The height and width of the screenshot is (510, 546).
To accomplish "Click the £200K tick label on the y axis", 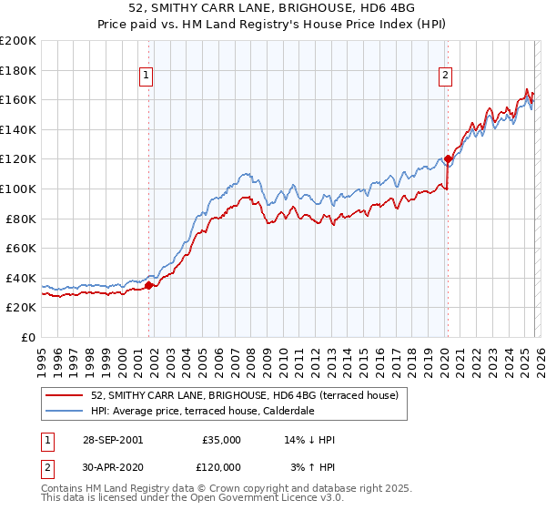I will (x=18, y=41).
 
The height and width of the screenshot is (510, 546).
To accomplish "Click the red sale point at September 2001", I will (x=149, y=285).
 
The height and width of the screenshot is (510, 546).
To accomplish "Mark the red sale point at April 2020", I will (x=448, y=158).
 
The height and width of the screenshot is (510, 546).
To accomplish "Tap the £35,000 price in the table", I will (x=221, y=440).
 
